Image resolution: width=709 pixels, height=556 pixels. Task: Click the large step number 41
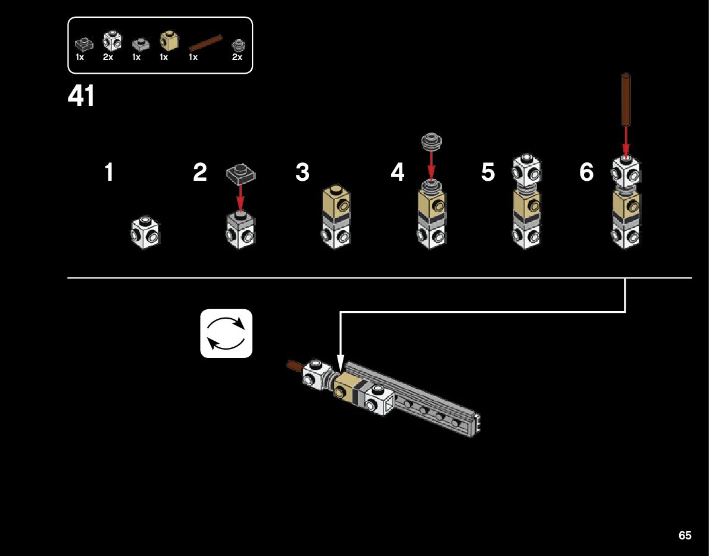pos(82,96)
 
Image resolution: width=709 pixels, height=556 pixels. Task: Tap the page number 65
pos(685,535)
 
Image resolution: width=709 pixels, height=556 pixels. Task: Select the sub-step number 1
pos(109,172)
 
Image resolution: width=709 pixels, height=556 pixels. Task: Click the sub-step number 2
pos(200,172)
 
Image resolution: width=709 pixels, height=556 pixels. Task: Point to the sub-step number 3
pos(302,172)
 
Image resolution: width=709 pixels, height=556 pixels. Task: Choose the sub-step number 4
pos(398,172)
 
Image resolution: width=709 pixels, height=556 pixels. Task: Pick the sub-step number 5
pos(488,172)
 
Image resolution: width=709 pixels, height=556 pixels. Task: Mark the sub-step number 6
pos(586,172)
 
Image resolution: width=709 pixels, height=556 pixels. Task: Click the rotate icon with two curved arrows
pos(226,334)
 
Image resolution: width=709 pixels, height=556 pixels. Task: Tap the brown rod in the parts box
pos(205,43)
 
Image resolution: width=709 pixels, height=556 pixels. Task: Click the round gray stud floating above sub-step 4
pos(431,140)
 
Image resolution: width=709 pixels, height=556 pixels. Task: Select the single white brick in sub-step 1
pos(146,233)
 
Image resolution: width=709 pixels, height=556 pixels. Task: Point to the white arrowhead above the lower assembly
pos(340,362)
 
